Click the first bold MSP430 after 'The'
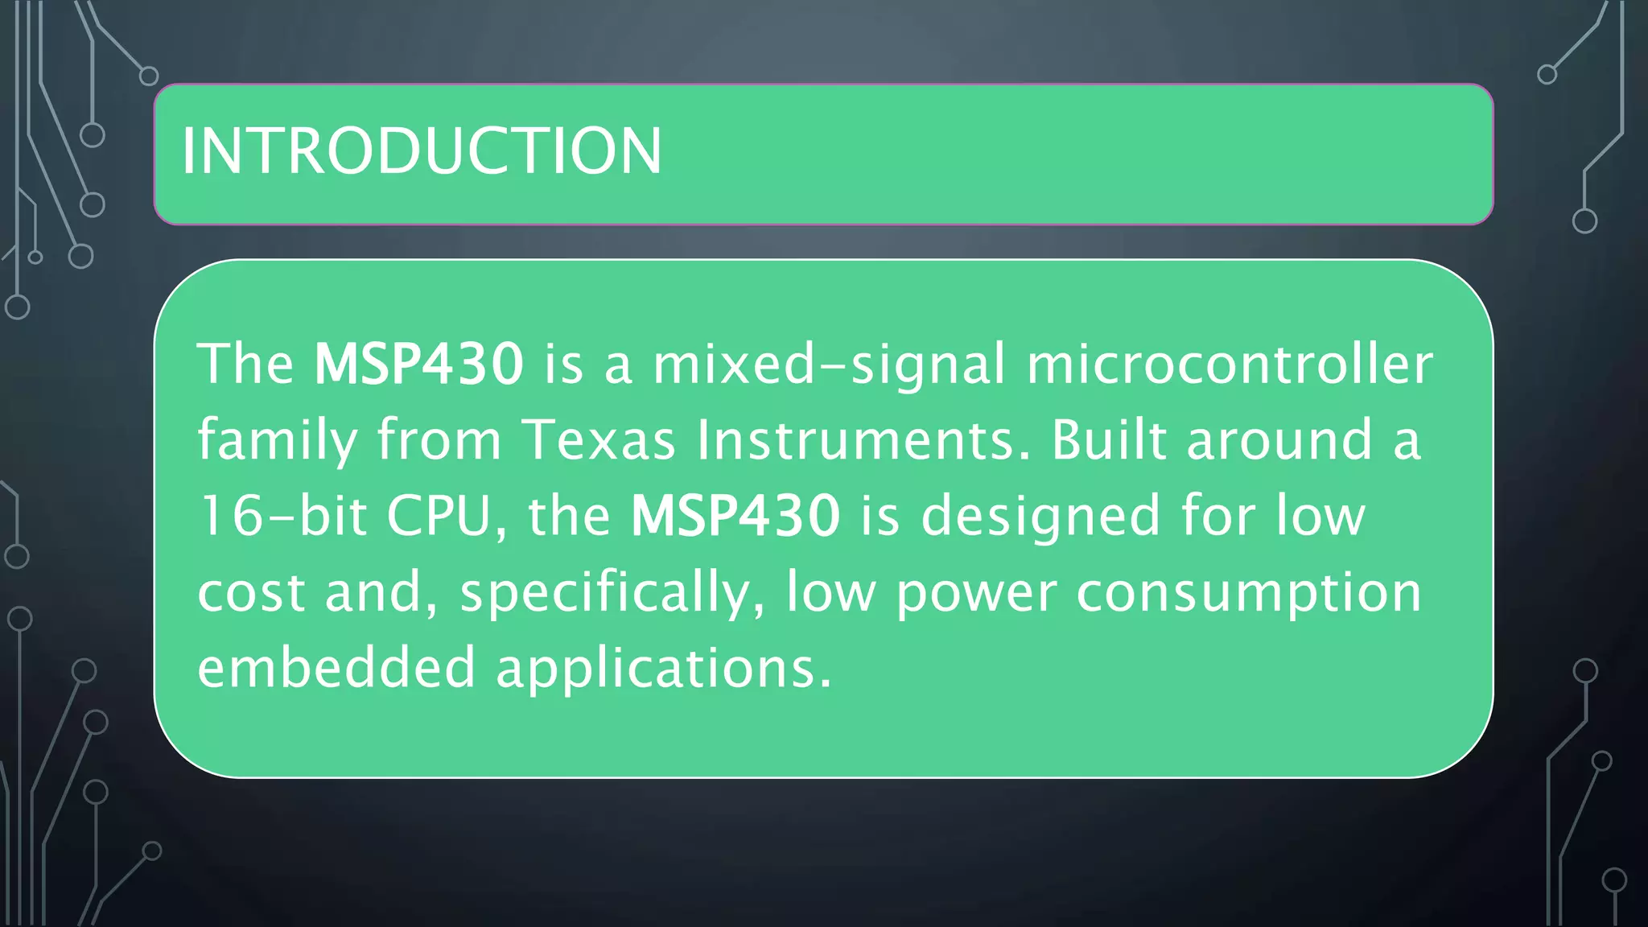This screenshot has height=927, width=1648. pyautogui.click(x=418, y=364)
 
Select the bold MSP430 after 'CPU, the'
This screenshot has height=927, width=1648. pyautogui.click(x=735, y=516)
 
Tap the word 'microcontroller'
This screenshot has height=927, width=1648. pyautogui.click(x=1230, y=364)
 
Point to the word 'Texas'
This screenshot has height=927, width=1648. pyautogui.click(x=599, y=440)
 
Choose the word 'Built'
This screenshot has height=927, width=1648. pyautogui.click(x=1109, y=440)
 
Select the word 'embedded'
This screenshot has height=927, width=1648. pyautogui.click(x=336, y=668)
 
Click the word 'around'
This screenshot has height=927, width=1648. pyautogui.click(x=1279, y=440)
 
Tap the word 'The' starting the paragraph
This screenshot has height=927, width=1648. pyautogui.click(x=245, y=364)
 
